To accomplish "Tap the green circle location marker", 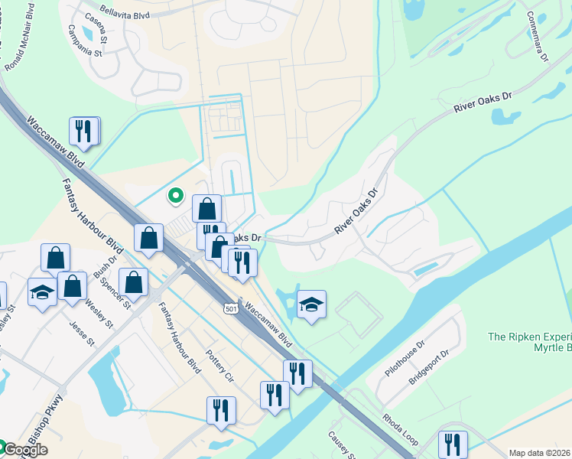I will (x=176, y=196).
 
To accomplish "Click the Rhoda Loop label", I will (x=401, y=431).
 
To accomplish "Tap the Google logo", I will (x=24, y=450).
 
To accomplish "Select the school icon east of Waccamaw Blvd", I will (x=311, y=304).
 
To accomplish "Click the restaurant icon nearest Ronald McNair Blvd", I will (x=84, y=131).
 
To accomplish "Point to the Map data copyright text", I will (x=540, y=453).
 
